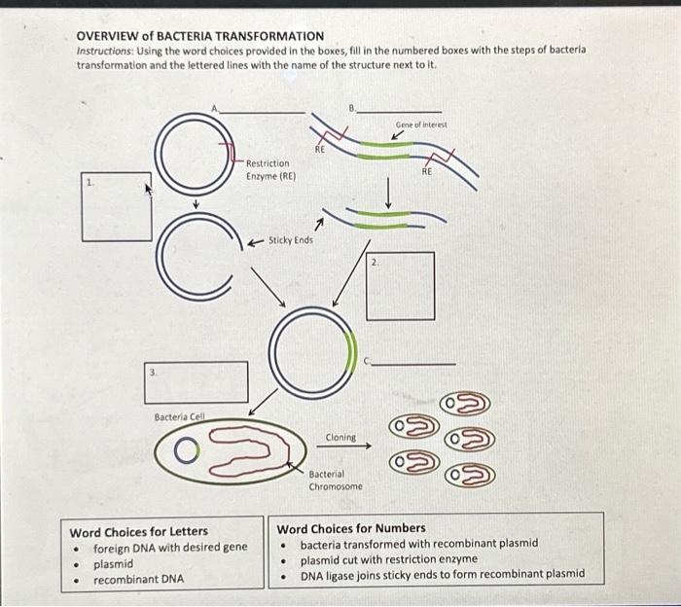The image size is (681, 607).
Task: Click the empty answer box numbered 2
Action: pyautogui.click(x=400, y=285)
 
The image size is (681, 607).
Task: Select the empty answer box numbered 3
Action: pyautogui.click(x=197, y=381)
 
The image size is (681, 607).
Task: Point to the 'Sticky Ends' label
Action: pyautogui.click(x=290, y=239)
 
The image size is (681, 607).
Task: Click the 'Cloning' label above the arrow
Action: pyautogui.click(x=340, y=438)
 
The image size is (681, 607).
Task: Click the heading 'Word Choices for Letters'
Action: pyautogui.click(x=138, y=531)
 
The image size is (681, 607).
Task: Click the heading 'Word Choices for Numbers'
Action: pyautogui.click(x=351, y=528)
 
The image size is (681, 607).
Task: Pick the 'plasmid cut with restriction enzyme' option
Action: pyautogui.click(x=388, y=559)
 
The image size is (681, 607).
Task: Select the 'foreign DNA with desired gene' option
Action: pyautogui.click(x=169, y=548)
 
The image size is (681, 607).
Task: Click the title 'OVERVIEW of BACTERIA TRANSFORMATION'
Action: pyautogui.click(x=200, y=36)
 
